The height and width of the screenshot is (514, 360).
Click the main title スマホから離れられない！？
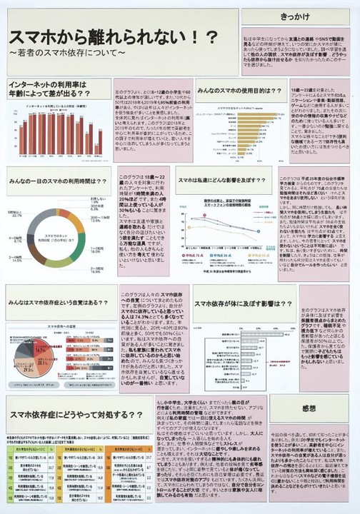114,37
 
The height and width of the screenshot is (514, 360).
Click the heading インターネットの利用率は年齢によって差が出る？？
58,90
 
